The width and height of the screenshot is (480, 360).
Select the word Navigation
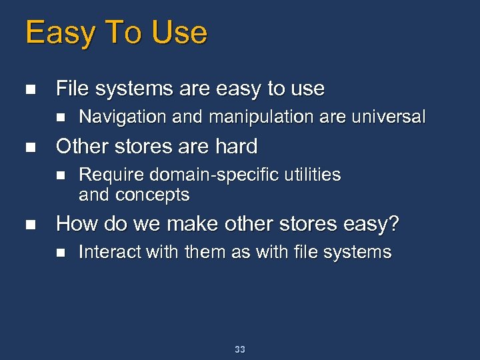click(123, 117)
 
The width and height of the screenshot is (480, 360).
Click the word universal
click(387, 117)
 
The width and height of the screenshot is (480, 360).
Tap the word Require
click(111, 175)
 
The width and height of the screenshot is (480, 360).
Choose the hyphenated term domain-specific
click(216, 175)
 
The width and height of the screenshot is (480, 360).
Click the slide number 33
click(240, 349)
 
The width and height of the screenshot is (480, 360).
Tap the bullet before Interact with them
click(60, 253)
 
